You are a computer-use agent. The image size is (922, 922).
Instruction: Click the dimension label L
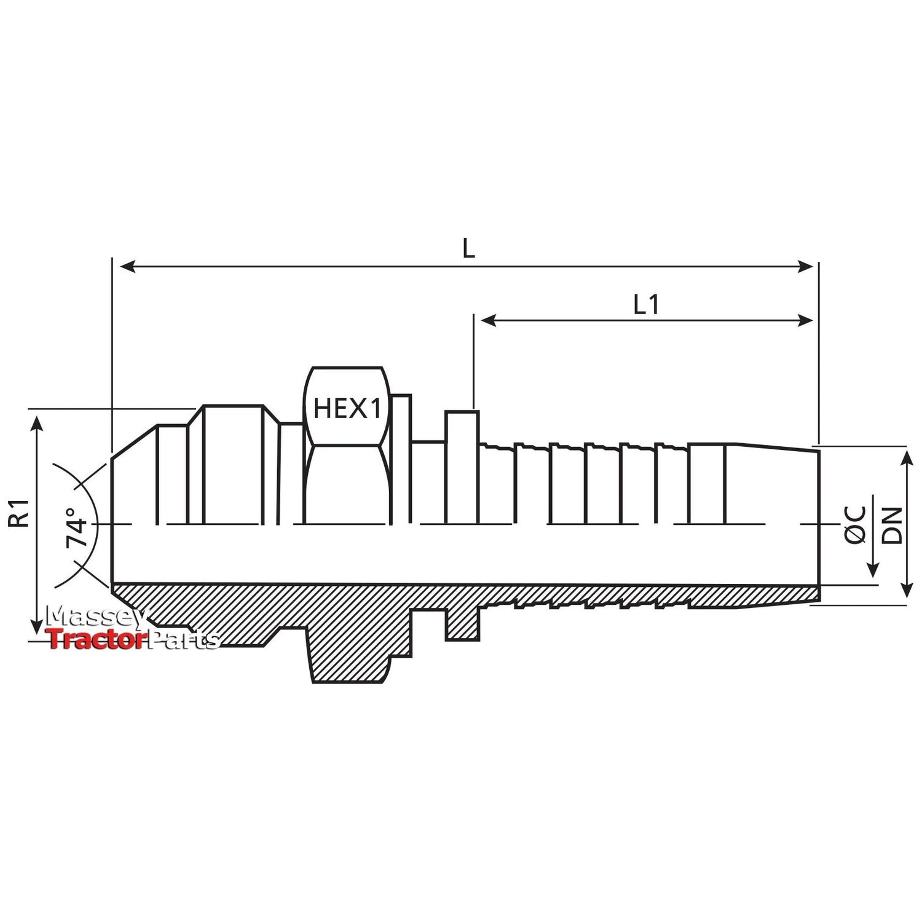click(468, 248)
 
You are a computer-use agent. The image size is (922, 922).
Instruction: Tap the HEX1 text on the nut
click(347, 408)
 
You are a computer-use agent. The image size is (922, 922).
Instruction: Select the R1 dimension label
click(20, 513)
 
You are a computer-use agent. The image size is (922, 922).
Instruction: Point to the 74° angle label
click(77, 527)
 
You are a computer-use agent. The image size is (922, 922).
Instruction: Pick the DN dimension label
click(892, 525)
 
